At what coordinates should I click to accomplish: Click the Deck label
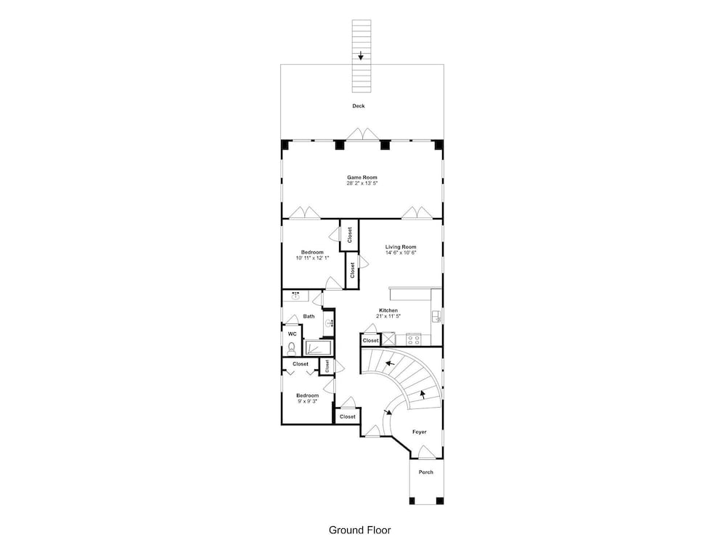point(359,106)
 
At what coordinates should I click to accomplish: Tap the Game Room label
point(362,177)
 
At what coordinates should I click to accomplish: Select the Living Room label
point(401,247)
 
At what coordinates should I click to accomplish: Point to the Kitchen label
point(388,310)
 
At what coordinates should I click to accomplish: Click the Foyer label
point(420,432)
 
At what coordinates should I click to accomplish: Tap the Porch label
point(426,472)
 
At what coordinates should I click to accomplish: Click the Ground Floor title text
point(360,530)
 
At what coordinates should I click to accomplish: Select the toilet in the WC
point(291,347)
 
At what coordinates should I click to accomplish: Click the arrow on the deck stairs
point(361,56)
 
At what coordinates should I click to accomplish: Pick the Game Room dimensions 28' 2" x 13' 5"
point(362,184)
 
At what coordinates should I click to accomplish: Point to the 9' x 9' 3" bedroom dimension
point(307,401)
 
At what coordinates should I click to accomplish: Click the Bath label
point(309,317)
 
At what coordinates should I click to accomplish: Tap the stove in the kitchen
point(413,339)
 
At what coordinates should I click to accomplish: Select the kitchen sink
point(436,317)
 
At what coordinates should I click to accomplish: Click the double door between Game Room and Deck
point(364,134)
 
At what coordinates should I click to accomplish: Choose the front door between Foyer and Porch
point(426,452)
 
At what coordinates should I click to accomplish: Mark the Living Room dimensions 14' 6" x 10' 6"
point(401,253)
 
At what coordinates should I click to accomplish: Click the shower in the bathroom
point(319,347)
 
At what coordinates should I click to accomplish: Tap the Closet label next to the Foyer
point(347,416)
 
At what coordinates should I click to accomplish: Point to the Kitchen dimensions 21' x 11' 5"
point(388,316)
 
